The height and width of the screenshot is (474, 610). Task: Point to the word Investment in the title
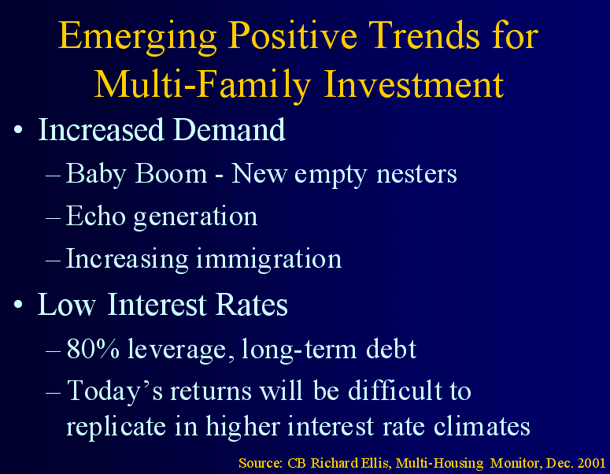413,83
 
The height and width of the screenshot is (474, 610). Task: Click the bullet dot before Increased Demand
18,129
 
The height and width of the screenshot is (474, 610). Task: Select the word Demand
229,129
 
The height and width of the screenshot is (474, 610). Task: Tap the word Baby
96,174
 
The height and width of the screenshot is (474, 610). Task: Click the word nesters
416,175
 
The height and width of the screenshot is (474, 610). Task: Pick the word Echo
96,216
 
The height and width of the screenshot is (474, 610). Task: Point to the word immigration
269,259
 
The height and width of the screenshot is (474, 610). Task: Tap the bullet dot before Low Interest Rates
18,304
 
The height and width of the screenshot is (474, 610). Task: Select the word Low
66,304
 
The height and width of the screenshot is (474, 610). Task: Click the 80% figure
93,348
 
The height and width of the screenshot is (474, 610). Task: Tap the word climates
482,426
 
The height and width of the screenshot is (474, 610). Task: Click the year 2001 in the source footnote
591,463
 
